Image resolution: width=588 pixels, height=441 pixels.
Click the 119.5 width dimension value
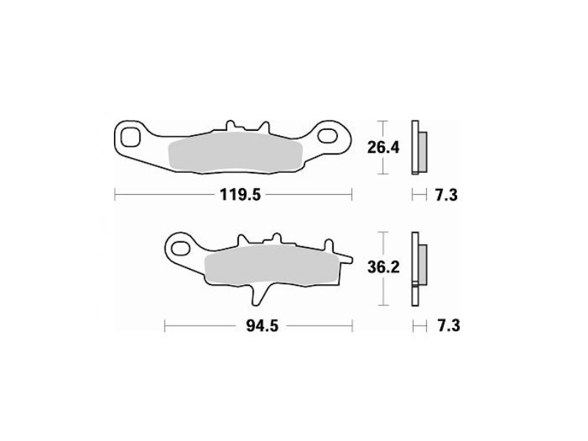tap(240, 195)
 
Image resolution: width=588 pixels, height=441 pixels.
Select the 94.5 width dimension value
tap(262, 326)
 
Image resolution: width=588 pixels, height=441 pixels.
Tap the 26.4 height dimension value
tap(383, 148)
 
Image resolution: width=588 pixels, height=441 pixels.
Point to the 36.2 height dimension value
tap(383, 268)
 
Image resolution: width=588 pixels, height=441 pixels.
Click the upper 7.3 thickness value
tap(446, 195)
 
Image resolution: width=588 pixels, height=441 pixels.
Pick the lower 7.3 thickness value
tap(448, 326)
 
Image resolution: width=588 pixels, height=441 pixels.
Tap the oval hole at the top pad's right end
tap(327, 135)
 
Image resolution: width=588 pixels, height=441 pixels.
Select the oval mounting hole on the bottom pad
tap(180, 248)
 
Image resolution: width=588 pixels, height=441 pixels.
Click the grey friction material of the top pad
tap(235, 153)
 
